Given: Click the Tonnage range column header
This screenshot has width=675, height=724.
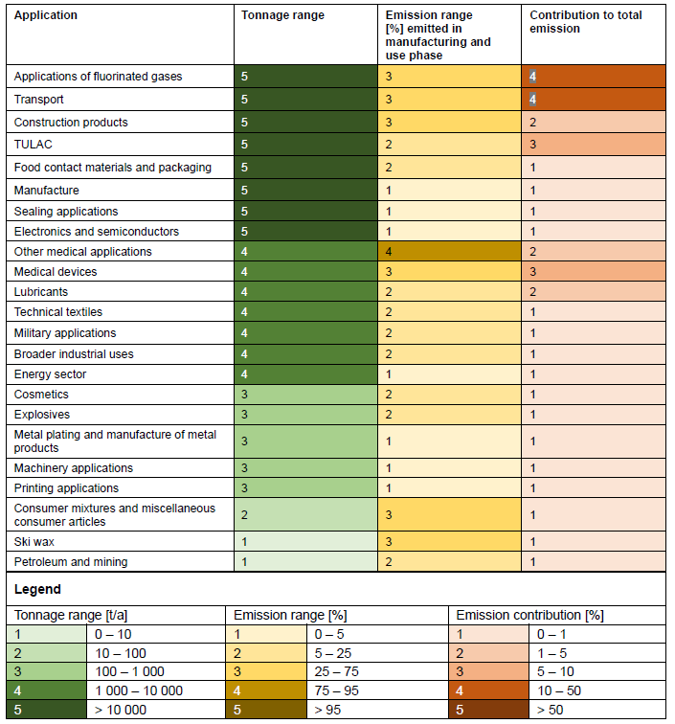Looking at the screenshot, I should pyautogui.click(x=282, y=15).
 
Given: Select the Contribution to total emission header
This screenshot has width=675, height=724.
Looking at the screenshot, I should pyautogui.click(x=585, y=22).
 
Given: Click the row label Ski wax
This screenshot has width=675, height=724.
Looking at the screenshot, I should pyautogui.click(x=34, y=542).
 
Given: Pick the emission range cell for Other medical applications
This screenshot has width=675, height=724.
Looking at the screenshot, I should pyautogui.click(x=450, y=252).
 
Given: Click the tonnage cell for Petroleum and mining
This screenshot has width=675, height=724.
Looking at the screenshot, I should pyautogui.click(x=306, y=562).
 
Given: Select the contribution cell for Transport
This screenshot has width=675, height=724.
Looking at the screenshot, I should pyautogui.click(x=594, y=99).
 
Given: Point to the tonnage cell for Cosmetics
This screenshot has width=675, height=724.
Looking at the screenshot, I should pyautogui.click(x=306, y=395).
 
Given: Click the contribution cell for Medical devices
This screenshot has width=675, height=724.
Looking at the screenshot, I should pyautogui.click(x=594, y=272).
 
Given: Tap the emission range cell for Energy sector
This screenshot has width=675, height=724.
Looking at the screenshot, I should pyautogui.click(x=450, y=374).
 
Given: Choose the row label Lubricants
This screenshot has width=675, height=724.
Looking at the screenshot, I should pyautogui.click(x=41, y=292).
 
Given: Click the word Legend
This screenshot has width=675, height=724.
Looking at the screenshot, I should pyautogui.click(x=37, y=589).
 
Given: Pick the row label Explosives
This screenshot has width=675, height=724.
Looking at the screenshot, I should pyautogui.click(x=42, y=415).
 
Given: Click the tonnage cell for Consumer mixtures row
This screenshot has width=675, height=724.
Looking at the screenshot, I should pyautogui.click(x=306, y=515).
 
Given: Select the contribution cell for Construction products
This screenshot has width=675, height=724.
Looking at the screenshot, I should pyautogui.click(x=594, y=123).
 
